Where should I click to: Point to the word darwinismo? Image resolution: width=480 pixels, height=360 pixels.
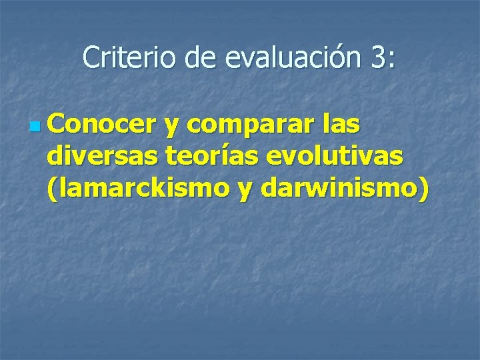pos(339,189)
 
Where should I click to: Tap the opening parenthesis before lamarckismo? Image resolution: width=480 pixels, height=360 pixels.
pos(53,190)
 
